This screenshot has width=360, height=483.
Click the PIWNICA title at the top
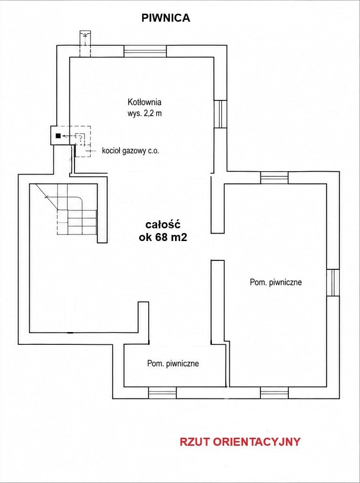click(x=166, y=18)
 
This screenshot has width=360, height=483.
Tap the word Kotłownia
click(x=144, y=102)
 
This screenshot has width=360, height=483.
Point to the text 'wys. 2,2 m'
click(x=144, y=113)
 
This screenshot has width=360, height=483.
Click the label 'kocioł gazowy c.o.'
click(x=131, y=151)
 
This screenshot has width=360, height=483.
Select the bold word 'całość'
click(x=163, y=225)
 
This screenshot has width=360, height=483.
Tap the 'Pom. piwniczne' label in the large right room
click(x=276, y=283)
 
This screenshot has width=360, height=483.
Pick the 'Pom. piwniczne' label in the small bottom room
click(x=173, y=364)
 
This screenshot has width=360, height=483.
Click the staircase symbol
click(x=67, y=209)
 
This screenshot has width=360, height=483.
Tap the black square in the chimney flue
click(x=58, y=135)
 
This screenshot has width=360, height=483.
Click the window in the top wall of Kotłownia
click(x=145, y=51)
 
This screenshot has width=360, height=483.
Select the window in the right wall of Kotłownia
click(x=221, y=114)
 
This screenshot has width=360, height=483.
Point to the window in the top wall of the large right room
click(x=274, y=178)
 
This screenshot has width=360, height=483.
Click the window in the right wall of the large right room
click(x=333, y=283)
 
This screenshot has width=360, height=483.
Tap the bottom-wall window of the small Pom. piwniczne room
click(x=162, y=393)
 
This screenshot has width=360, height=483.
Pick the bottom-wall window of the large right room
click(x=274, y=393)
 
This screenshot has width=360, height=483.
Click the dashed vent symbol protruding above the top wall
click(x=85, y=43)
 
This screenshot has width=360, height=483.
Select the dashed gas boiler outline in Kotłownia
click(x=83, y=142)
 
